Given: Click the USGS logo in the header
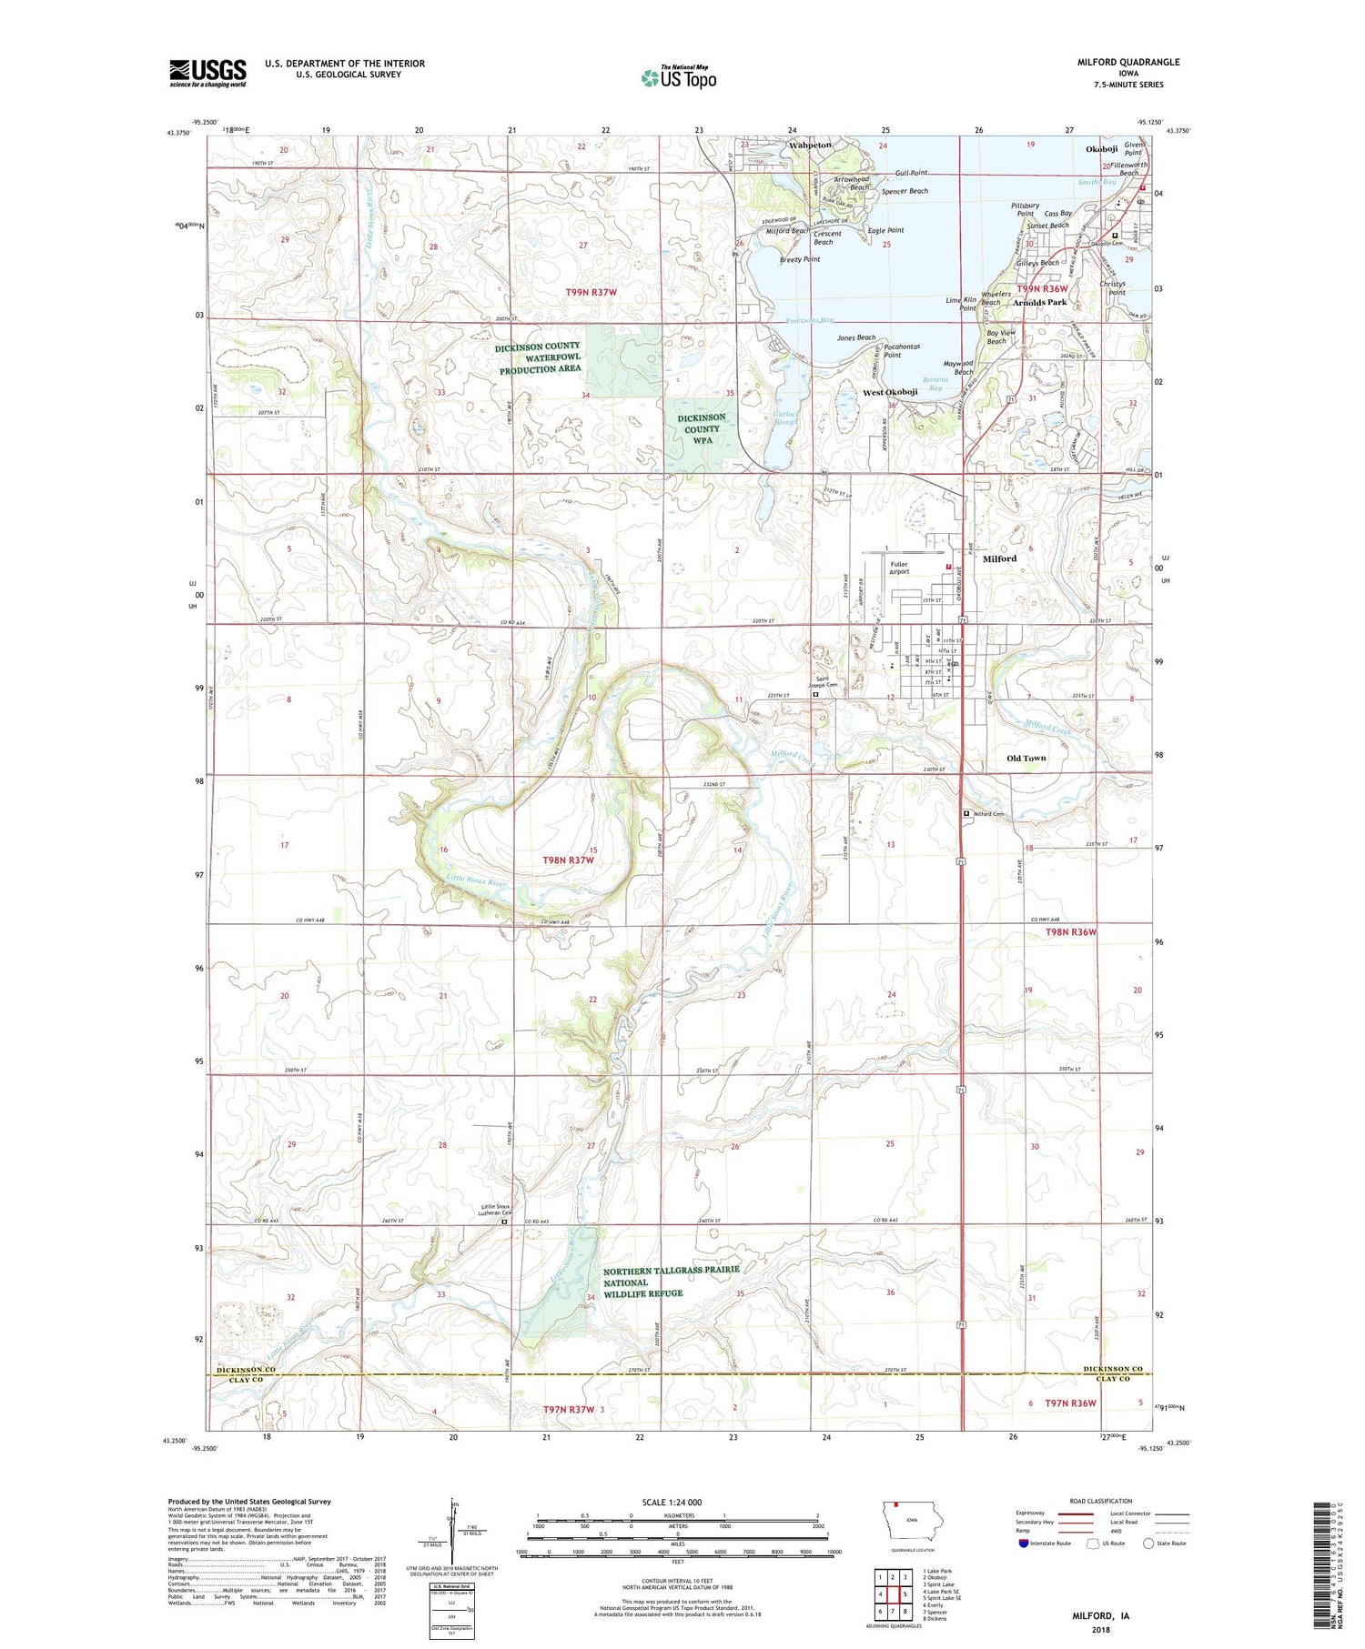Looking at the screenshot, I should (207, 73).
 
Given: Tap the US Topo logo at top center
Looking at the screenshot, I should (678, 78).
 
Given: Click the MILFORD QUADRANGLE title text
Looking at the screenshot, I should (1127, 62).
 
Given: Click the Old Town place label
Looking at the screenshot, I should (1026, 758).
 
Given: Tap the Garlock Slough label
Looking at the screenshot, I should (785, 417).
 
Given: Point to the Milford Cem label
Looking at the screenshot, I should (988, 814).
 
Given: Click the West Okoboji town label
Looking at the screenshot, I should (889, 392).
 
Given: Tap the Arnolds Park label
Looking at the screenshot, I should (1039, 302).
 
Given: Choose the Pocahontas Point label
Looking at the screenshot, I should (892, 350).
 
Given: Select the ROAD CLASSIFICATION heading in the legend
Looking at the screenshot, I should (1100, 1501).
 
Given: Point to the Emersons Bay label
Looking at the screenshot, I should (809, 320).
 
